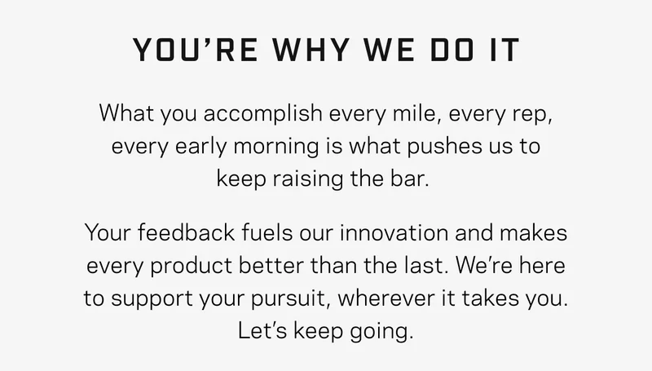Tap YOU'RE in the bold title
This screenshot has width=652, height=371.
(195, 50)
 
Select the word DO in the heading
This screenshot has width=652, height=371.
(452, 50)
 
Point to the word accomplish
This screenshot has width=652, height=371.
(262, 113)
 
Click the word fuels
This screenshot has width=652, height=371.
(267, 232)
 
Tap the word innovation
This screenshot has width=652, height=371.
(394, 232)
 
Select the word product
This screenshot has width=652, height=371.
(191, 266)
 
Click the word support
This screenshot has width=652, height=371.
(152, 299)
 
